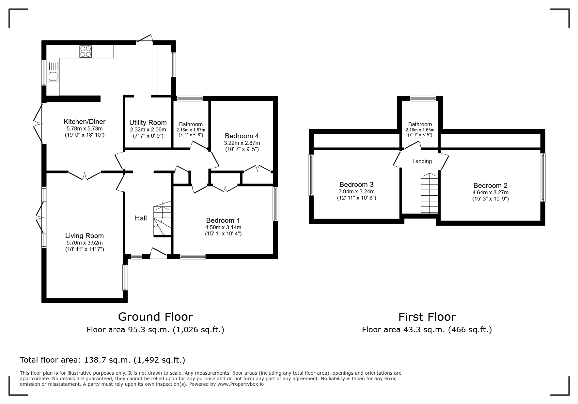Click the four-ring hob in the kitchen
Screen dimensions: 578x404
click(86, 52)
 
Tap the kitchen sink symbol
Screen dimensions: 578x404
click(53, 72)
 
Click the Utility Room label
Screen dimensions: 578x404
click(148, 123)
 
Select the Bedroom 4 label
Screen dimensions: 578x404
click(242, 136)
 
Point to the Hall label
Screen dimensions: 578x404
click(141, 218)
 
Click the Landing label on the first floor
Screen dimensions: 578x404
click(422, 161)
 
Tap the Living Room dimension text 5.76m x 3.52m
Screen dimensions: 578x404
click(85, 243)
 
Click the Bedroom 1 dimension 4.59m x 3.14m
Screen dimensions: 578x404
click(223, 228)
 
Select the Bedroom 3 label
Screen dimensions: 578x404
click(356, 185)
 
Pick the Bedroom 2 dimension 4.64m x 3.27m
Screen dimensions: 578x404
click(491, 192)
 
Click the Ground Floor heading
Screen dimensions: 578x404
click(155, 317)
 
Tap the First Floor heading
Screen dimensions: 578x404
click(427, 317)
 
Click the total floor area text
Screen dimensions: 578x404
click(102, 360)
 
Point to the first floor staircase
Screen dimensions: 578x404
click(429, 193)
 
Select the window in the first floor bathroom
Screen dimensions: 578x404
click(423, 98)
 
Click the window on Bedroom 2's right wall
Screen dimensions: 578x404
click(543, 177)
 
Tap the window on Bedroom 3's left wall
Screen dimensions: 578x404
click(312, 175)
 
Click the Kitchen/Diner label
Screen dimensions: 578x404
click(85, 122)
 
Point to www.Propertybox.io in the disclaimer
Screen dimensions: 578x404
click(240, 384)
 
